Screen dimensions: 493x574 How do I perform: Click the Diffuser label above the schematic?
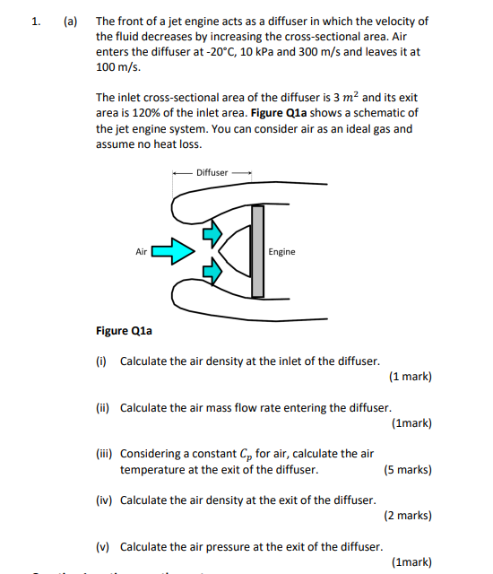(212, 172)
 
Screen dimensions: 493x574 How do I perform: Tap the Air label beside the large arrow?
(141, 252)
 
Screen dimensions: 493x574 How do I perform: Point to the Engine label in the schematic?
(281, 252)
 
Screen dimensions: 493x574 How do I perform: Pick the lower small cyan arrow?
(212, 269)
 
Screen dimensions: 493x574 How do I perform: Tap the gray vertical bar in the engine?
(258, 252)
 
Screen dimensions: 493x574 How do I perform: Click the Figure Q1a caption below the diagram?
(124, 331)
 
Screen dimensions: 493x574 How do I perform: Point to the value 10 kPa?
(289, 52)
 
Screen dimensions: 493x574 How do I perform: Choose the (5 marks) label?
(408, 470)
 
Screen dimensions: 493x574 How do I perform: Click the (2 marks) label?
(408, 516)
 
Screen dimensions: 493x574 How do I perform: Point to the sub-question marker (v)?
(102, 546)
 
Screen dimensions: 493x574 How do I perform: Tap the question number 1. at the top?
(35, 21)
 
